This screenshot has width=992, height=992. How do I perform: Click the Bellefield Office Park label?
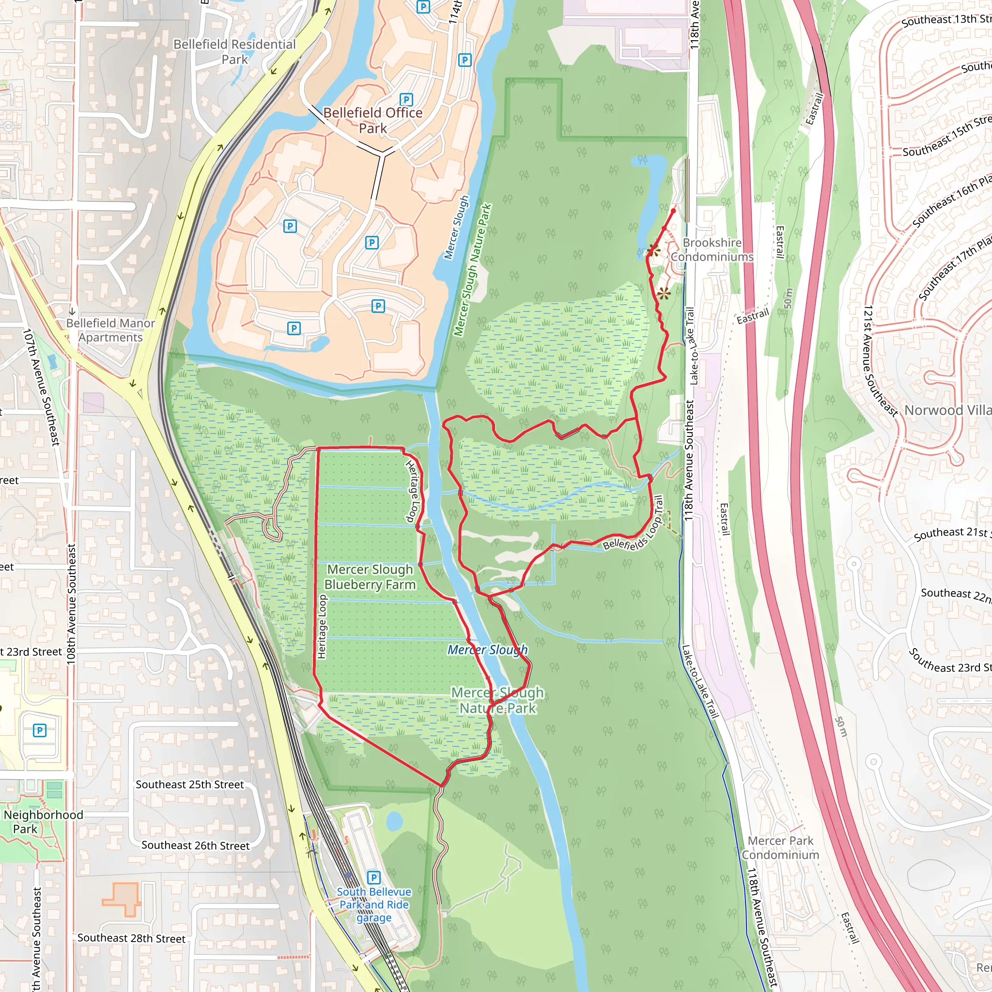tap(373, 120)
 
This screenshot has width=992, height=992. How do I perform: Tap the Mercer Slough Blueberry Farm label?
tap(370, 576)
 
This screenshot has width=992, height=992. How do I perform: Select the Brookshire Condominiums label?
tap(712, 249)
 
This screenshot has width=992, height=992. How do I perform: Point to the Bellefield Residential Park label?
tap(234, 52)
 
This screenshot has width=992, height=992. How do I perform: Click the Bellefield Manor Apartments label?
tap(110, 330)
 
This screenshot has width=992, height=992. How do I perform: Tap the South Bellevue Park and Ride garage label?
tap(374, 905)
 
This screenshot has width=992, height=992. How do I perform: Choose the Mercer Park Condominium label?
tap(780, 848)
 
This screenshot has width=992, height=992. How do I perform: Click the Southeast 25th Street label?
tap(190, 785)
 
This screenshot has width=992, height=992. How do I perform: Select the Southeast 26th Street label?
tap(196, 845)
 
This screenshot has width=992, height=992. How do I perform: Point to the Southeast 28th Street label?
tap(131, 938)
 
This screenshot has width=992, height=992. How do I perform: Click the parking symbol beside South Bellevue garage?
tap(374, 878)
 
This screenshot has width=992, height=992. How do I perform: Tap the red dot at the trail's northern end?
tap(674, 211)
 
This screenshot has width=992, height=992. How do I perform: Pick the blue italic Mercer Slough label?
tap(487, 650)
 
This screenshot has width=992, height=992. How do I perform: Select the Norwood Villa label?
tap(948, 410)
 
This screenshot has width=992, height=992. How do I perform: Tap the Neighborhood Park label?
tap(43, 821)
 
